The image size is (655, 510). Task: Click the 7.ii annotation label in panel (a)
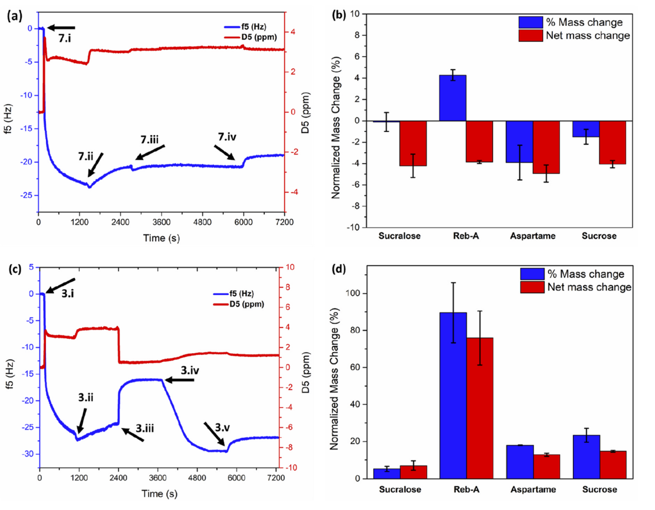point(85,156)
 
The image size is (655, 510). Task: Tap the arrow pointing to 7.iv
point(224,152)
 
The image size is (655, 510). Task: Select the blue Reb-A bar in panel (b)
point(453,98)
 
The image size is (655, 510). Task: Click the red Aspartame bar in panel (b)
point(546,147)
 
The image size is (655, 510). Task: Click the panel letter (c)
point(14,269)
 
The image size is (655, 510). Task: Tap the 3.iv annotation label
point(190,370)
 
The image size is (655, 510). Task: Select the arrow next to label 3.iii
point(133,435)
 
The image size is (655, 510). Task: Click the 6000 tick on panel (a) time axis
point(244,222)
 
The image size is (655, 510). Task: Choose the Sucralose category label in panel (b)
point(400,236)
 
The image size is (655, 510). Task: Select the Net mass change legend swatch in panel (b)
point(530,36)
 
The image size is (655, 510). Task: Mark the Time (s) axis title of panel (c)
point(159,494)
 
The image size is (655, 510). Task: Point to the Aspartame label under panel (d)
point(533,489)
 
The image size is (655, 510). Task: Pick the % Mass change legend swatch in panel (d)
point(532,274)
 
